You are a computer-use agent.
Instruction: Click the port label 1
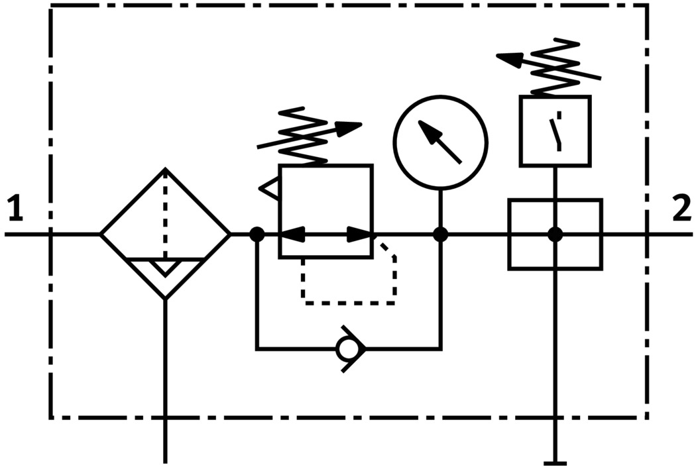point(15,210)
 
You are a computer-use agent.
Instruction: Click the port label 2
point(681,210)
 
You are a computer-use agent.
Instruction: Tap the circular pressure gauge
point(441,142)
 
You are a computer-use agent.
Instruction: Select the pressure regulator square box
point(325,211)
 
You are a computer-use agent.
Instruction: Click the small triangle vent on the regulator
point(270,189)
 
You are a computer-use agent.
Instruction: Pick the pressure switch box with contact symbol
point(555,130)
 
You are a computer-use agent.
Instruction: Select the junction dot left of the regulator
point(257,234)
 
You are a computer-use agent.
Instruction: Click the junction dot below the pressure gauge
point(441,234)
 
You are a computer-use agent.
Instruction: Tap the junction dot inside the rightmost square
point(555,234)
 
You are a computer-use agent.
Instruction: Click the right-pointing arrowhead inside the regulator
point(359,234)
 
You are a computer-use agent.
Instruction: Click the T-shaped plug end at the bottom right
point(555,463)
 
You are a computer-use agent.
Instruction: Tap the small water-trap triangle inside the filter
point(165,267)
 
